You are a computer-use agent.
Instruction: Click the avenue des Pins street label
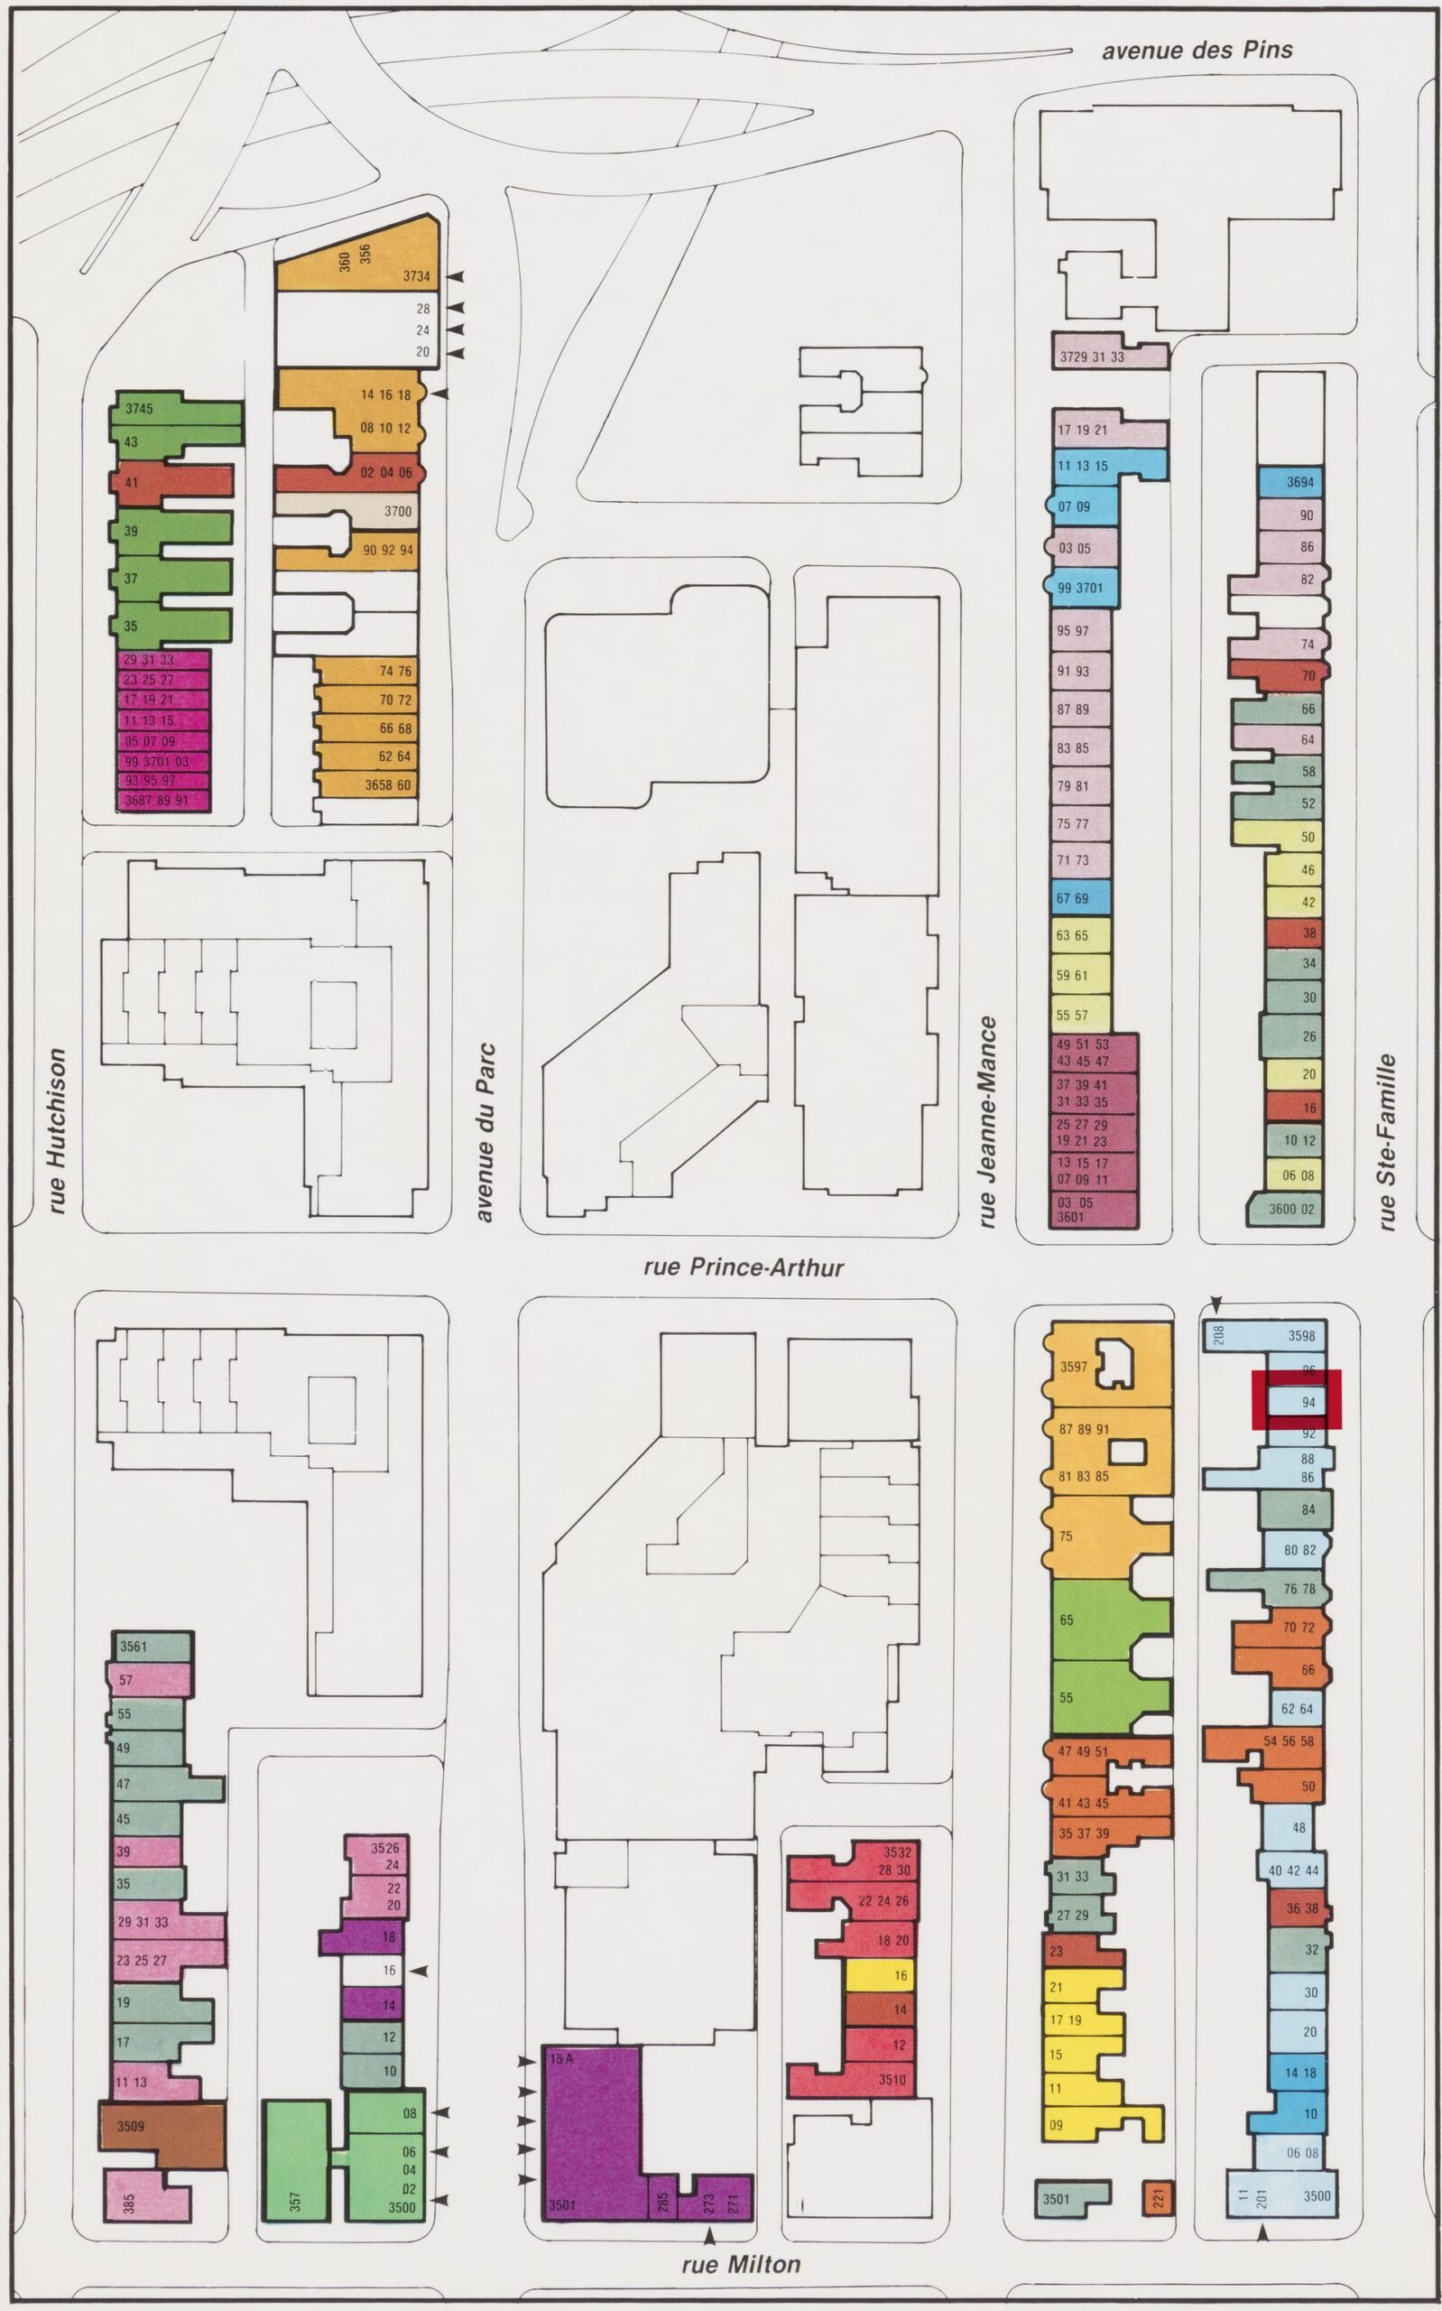tap(1197, 50)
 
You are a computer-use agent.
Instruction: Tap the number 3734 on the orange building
tap(416, 276)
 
